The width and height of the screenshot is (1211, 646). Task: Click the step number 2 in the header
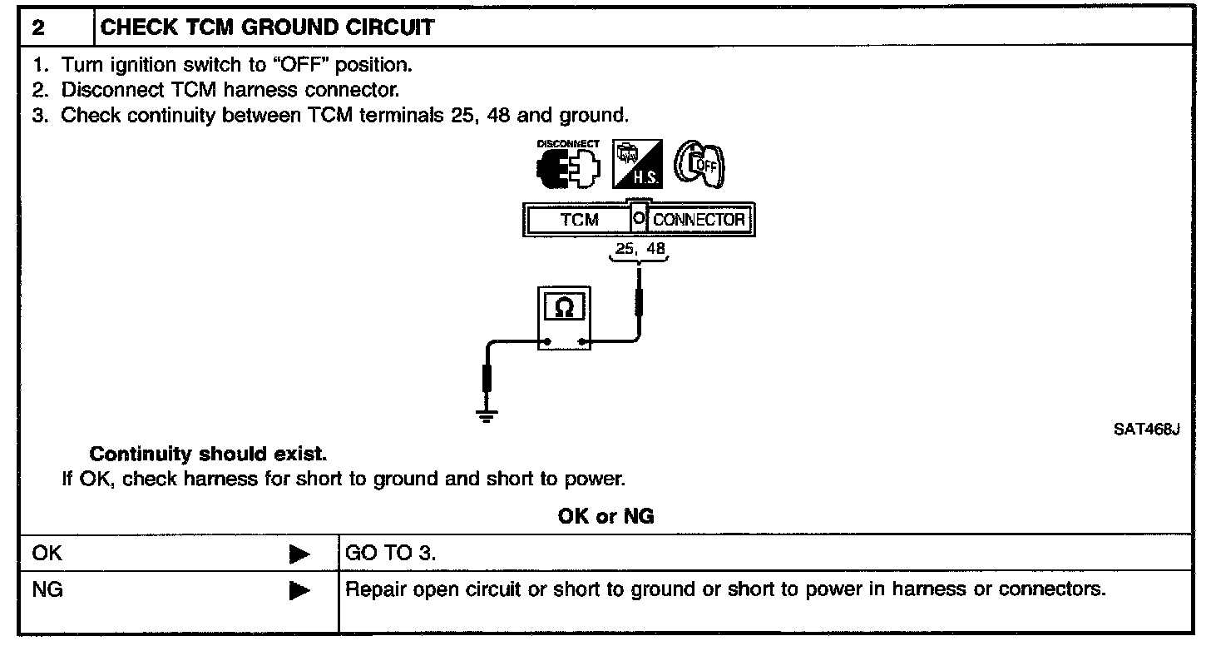(x=38, y=27)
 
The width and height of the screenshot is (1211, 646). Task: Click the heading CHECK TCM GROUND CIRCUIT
(x=267, y=27)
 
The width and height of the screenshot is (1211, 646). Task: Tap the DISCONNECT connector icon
(x=567, y=164)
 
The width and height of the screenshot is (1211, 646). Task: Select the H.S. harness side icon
(x=637, y=164)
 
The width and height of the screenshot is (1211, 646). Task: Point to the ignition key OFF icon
(x=699, y=165)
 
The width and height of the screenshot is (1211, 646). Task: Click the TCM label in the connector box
(x=579, y=220)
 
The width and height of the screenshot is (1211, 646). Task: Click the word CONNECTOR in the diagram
(x=699, y=220)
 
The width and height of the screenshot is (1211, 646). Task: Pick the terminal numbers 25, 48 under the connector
(x=640, y=248)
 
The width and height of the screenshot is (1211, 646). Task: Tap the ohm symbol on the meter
(x=564, y=308)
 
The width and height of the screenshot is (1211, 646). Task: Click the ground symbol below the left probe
(x=487, y=415)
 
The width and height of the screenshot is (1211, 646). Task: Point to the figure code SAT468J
(x=1146, y=430)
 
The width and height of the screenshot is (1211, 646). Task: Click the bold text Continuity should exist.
(x=208, y=454)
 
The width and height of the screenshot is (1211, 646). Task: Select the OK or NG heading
(x=605, y=516)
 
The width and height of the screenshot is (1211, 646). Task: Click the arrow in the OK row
(x=299, y=554)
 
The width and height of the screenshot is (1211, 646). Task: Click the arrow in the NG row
(x=299, y=590)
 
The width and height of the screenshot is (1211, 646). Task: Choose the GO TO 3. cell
(x=390, y=553)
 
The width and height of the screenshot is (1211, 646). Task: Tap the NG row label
(x=47, y=589)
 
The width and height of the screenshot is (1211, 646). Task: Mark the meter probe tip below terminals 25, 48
(x=639, y=270)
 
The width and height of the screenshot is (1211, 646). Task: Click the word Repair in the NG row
(x=376, y=589)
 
